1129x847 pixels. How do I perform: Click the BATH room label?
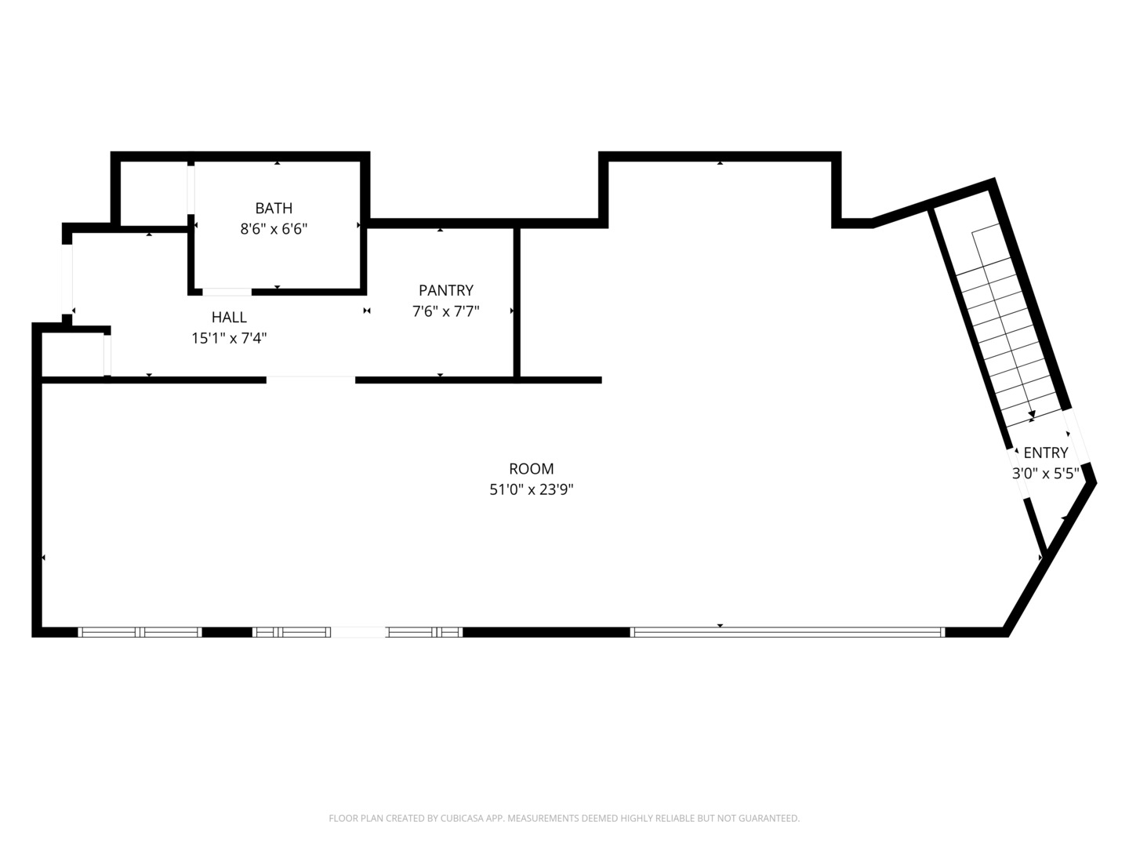(x=274, y=208)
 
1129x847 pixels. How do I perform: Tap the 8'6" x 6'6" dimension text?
(x=274, y=229)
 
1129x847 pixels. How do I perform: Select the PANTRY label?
(x=445, y=290)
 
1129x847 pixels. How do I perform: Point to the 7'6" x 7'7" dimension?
(x=445, y=311)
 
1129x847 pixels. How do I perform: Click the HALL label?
(x=229, y=317)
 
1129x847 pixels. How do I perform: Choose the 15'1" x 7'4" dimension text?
(x=229, y=338)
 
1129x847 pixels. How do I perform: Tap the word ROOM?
(x=531, y=468)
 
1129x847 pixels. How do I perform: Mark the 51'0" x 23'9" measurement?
(x=531, y=489)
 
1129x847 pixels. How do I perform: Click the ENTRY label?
(x=1045, y=453)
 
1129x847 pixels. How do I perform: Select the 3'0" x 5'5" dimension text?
(x=1045, y=473)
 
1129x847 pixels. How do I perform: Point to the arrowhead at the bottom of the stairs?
(x=1032, y=415)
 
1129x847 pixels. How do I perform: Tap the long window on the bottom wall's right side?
(x=787, y=631)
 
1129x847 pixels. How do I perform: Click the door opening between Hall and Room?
(x=310, y=380)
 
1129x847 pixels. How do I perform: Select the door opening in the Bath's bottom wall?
(x=227, y=292)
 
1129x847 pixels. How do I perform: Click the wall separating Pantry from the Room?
(x=517, y=302)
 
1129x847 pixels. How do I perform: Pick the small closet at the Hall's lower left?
(x=72, y=354)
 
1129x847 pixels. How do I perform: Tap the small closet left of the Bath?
(x=153, y=192)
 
